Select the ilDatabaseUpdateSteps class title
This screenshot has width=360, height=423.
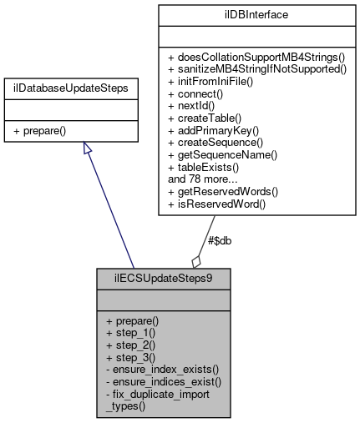83,87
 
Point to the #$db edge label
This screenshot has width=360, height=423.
219,240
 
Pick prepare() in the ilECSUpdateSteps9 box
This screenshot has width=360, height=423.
131,320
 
